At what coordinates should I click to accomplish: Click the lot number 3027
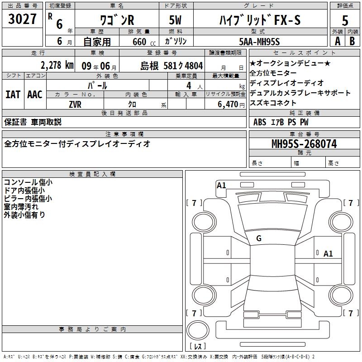click(22, 19)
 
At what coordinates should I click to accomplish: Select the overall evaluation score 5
click(345, 20)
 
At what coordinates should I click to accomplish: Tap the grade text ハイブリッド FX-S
click(260, 20)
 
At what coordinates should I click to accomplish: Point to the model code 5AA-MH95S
click(259, 42)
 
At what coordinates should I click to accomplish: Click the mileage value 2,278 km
click(57, 65)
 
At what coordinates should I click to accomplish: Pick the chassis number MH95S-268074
click(304, 144)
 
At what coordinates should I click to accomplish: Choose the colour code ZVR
click(75, 105)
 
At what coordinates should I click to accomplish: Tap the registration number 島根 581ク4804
click(171, 66)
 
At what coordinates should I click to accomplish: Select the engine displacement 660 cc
click(144, 42)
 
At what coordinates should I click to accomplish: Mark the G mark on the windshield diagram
click(259, 238)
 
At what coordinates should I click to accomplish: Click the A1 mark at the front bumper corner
click(221, 186)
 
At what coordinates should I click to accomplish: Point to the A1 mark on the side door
click(328, 254)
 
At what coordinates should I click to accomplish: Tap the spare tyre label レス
click(198, 346)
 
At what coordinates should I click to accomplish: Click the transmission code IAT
click(13, 95)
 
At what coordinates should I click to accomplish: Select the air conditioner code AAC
click(35, 95)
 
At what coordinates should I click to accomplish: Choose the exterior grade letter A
click(338, 41)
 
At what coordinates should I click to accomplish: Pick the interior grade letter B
click(352, 41)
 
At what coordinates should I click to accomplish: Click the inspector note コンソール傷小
click(28, 182)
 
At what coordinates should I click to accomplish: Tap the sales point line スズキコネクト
click(273, 103)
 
